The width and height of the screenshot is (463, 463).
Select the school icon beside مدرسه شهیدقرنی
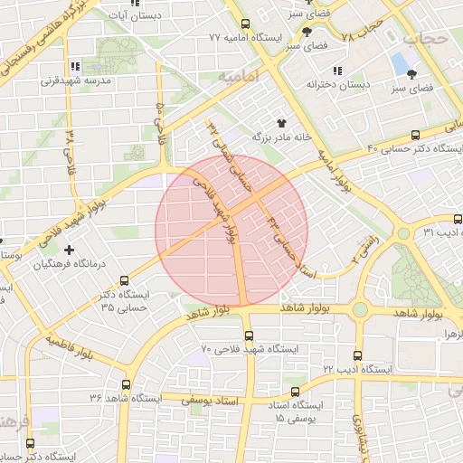tap(75, 66)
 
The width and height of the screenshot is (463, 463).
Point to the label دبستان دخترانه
tap(336, 83)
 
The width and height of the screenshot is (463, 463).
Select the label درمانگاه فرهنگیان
tap(69, 265)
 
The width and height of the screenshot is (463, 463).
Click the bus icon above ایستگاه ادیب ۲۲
tap(357, 355)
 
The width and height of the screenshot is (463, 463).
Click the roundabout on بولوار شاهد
tap(361, 310)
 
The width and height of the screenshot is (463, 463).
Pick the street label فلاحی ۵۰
tap(161, 125)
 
